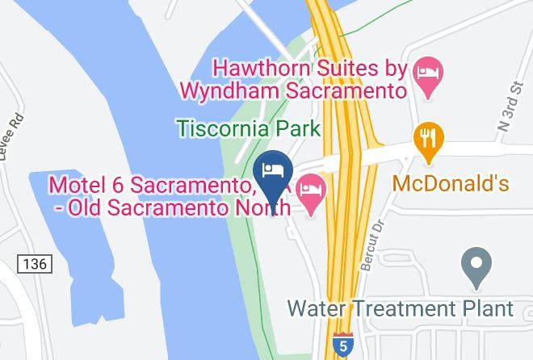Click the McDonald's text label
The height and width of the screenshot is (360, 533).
click(451, 183)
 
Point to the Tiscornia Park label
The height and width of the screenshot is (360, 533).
click(249, 128)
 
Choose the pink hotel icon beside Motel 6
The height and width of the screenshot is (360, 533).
click(311, 194)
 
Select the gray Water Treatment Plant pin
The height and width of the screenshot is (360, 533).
click(476, 266)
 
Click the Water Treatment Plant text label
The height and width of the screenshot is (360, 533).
click(401, 308)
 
